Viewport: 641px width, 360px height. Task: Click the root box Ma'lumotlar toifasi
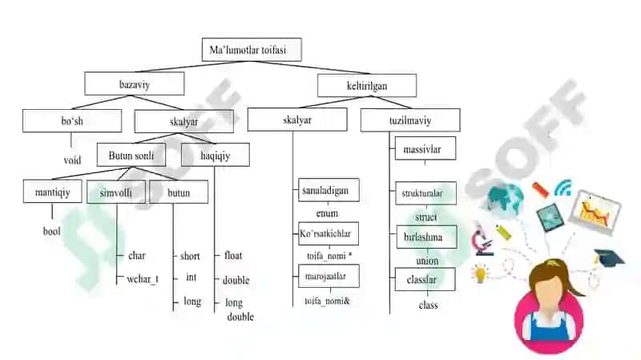pos(252,50)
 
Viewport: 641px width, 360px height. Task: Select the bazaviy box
pos(135,83)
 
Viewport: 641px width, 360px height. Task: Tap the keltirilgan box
pos(367,85)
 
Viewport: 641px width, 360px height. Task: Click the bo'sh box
pos(72,121)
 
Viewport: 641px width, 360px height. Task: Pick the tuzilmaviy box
pos(410,119)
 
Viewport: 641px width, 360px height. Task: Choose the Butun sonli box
pos(131,155)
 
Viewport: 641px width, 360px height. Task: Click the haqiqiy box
pos(216,155)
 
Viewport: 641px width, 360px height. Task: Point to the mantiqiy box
pos(53,192)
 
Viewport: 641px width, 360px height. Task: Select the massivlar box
pos(425,148)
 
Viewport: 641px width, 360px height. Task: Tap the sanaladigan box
pos(329,190)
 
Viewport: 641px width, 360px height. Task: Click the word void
pos(72,160)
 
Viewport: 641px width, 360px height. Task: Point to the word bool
pos(51,231)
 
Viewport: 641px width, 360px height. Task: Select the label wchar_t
pos(143,279)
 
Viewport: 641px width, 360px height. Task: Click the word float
pos(233,255)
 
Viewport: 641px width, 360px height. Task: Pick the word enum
pos(327,213)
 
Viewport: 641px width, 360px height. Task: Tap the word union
pos(427,261)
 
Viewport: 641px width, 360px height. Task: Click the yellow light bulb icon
pos(481,273)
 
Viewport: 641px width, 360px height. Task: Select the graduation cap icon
pos(609,257)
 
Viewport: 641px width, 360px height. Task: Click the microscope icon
pos(483,242)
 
